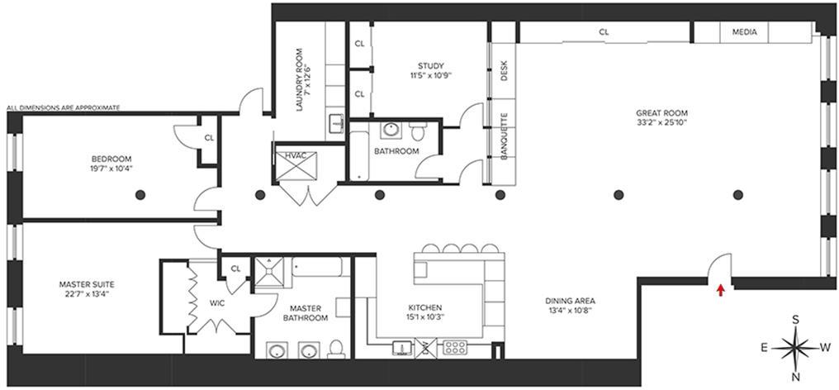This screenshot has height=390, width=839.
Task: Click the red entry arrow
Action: (x=721, y=290)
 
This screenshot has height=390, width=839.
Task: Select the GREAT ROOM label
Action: (x=661, y=113)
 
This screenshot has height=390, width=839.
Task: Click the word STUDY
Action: (x=430, y=66)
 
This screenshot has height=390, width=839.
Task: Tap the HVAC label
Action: (x=295, y=154)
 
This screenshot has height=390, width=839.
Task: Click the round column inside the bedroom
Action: (x=140, y=195)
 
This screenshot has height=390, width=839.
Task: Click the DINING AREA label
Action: (x=570, y=301)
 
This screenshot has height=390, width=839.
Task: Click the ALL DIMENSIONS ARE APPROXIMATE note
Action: (x=63, y=107)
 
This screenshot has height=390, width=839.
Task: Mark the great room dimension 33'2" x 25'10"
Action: (x=661, y=122)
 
